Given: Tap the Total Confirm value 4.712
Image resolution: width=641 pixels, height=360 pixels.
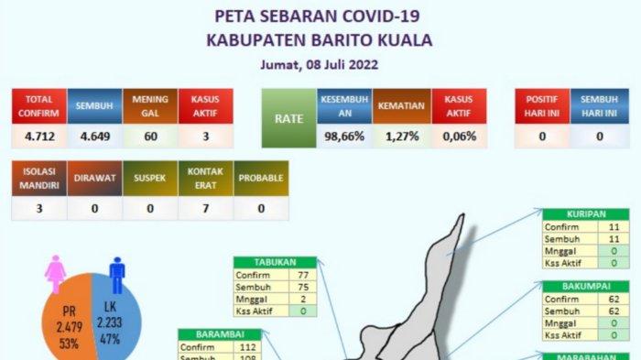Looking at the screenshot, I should [x=38, y=137].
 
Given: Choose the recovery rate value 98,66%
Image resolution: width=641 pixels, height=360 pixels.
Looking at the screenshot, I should [x=343, y=137].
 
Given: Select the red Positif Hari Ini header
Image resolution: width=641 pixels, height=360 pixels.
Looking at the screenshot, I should [x=541, y=107].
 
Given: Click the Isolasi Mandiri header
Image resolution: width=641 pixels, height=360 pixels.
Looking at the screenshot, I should [x=38, y=180].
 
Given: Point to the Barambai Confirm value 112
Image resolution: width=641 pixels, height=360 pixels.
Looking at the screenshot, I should [x=244, y=347].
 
